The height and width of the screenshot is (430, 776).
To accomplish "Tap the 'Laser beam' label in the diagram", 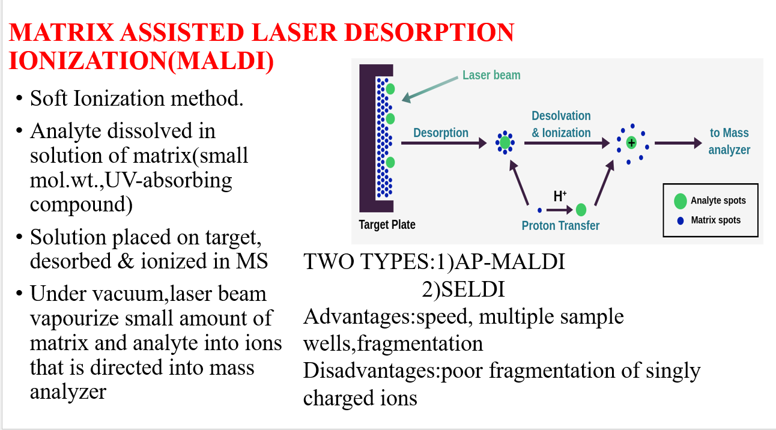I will [x=491, y=75].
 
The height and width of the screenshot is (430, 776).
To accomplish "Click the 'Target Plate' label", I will [x=387, y=225].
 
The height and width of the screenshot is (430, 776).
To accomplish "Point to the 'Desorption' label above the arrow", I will [x=441, y=133].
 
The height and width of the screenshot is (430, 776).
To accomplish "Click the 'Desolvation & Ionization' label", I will [x=561, y=124].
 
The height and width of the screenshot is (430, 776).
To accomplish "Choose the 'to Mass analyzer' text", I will [x=729, y=141].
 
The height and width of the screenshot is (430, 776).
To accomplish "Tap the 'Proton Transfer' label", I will [x=560, y=226].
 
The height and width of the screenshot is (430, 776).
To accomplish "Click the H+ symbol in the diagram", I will [x=560, y=196].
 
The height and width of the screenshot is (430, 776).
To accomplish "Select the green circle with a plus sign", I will [x=631, y=143].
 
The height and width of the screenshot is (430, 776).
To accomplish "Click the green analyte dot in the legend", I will [x=681, y=201].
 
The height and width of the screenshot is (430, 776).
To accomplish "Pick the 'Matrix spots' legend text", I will [x=715, y=220].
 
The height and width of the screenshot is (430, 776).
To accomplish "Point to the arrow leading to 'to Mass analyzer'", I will [x=677, y=143].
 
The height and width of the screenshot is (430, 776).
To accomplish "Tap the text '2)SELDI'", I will [x=462, y=289].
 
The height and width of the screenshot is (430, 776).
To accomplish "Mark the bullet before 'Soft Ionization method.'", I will [x=20, y=98].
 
